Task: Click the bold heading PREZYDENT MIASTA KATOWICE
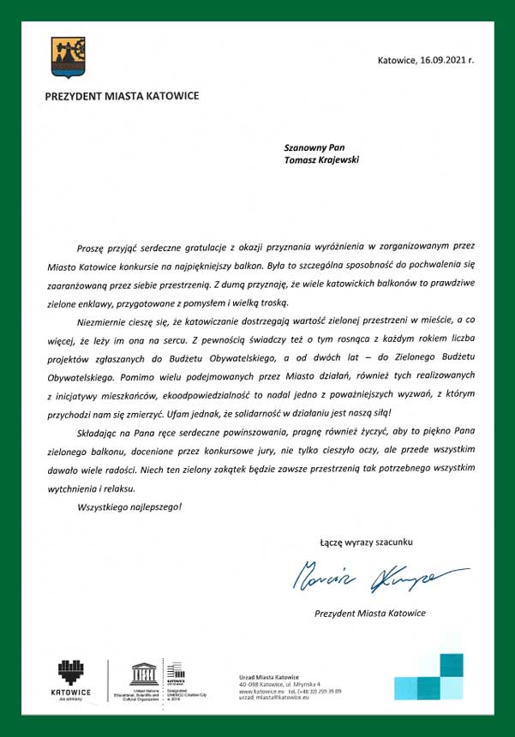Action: [x=122, y=95]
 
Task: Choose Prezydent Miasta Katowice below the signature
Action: [x=369, y=613]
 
